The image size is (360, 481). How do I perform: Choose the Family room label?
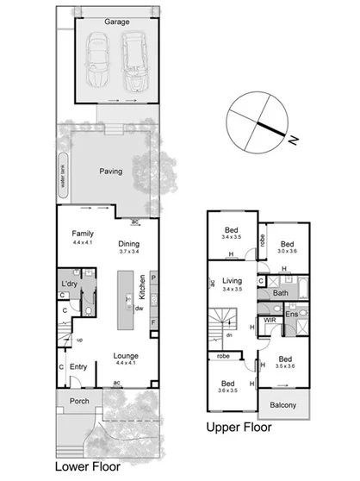82,234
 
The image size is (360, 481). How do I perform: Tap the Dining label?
129,244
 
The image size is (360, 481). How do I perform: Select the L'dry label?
70,284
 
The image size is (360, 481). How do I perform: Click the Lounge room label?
127,353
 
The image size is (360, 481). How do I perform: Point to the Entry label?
79,367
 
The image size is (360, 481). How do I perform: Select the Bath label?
280,293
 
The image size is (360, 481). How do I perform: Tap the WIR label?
270,320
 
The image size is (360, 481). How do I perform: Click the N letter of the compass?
293,140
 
